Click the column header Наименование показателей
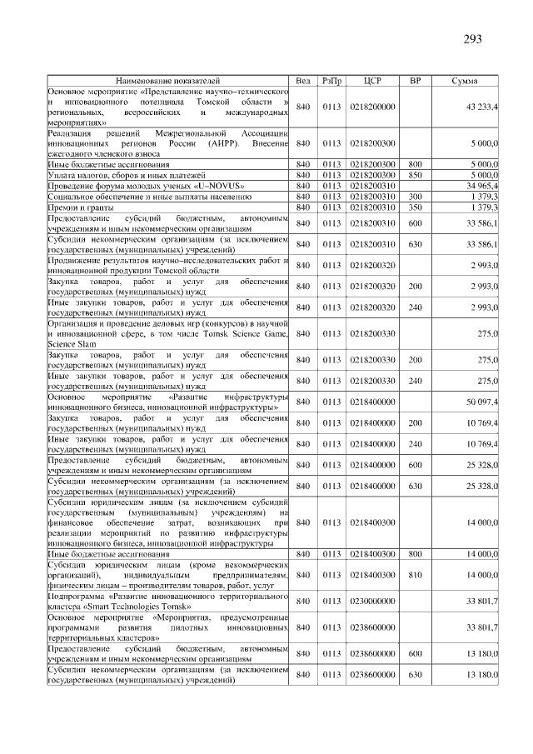168,81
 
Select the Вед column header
303,81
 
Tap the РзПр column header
332,81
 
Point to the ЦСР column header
372,81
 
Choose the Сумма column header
464,81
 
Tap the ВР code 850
416,176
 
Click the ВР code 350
416,207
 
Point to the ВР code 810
416,575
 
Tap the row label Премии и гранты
77,207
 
